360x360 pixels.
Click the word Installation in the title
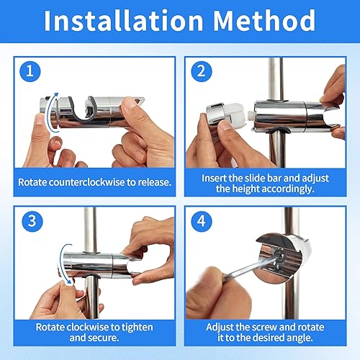click(x=124, y=21)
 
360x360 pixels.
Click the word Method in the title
click(x=264, y=21)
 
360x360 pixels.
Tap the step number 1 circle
click(x=30, y=71)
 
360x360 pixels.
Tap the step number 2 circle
click(x=202, y=71)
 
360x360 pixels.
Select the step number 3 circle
click(x=32, y=221)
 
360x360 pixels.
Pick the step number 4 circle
click(x=202, y=221)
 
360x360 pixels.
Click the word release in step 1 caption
click(x=155, y=182)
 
